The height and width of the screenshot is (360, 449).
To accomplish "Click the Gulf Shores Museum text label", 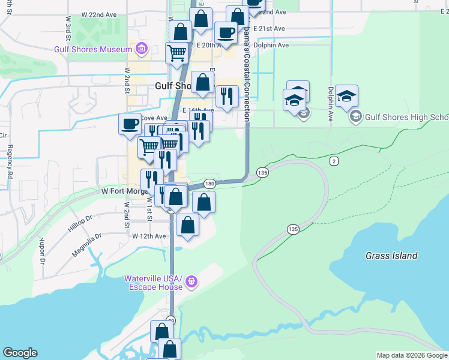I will [x=92, y=49].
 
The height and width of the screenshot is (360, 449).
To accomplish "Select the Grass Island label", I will [x=391, y=256].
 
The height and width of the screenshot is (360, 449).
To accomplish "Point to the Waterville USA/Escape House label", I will [x=153, y=283].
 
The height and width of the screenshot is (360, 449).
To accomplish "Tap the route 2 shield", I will [x=334, y=161].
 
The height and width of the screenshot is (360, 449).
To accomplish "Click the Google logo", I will [x=20, y=353].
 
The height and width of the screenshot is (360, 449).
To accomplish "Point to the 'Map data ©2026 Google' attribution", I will [x=411, y=355].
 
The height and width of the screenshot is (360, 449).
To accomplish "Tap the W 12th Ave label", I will [x=149, y=236].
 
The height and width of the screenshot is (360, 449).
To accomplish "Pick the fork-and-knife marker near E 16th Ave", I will [x=227, y=97].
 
